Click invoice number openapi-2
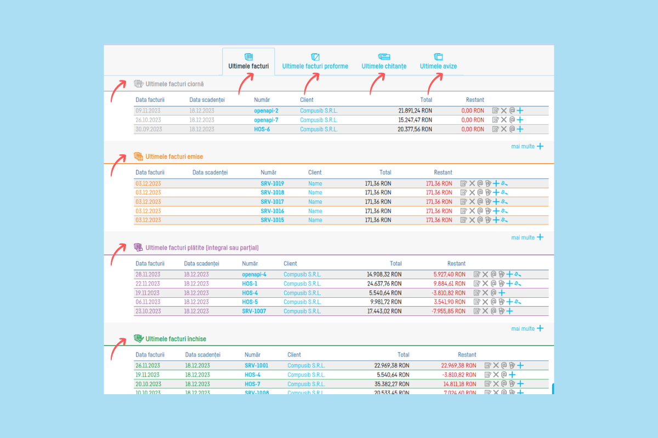coord(266,111)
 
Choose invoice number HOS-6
coord(262,129)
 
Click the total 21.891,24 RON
coord(415,111)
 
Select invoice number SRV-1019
coord(272,183)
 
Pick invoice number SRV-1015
coord(272,220)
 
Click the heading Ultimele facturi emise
coord(174,157)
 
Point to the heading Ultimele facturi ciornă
coord(174,84)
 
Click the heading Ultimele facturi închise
coord(175,339)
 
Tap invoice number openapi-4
coord(254,274)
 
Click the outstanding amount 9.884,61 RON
coord(449,284)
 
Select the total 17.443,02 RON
coord(384,311)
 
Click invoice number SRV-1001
coord(257,365)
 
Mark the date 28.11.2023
coord(148,274)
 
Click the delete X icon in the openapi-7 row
coord(504,120)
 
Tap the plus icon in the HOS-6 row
coord(520,129)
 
